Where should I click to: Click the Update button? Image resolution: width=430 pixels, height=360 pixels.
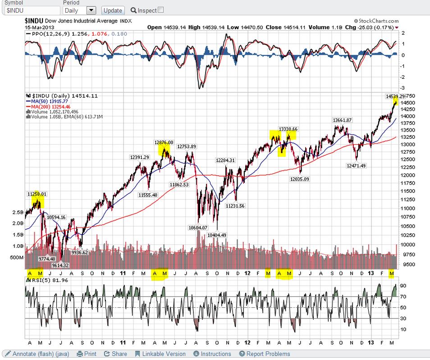113,10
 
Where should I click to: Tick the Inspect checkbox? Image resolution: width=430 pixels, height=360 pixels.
161,10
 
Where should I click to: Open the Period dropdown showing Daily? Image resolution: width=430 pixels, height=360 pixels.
79,10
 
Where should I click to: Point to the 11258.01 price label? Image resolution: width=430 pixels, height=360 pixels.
37,194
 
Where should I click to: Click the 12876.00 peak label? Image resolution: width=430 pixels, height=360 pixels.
164,142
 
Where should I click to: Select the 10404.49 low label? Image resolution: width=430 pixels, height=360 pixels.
217,235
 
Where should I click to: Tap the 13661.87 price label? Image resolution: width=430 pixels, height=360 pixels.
342,120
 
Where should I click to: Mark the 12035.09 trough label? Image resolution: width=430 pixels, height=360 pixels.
299,179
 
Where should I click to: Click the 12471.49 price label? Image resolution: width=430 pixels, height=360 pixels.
356,166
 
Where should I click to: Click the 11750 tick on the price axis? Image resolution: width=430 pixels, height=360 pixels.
409,183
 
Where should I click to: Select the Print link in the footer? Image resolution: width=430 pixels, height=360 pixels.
87,354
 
